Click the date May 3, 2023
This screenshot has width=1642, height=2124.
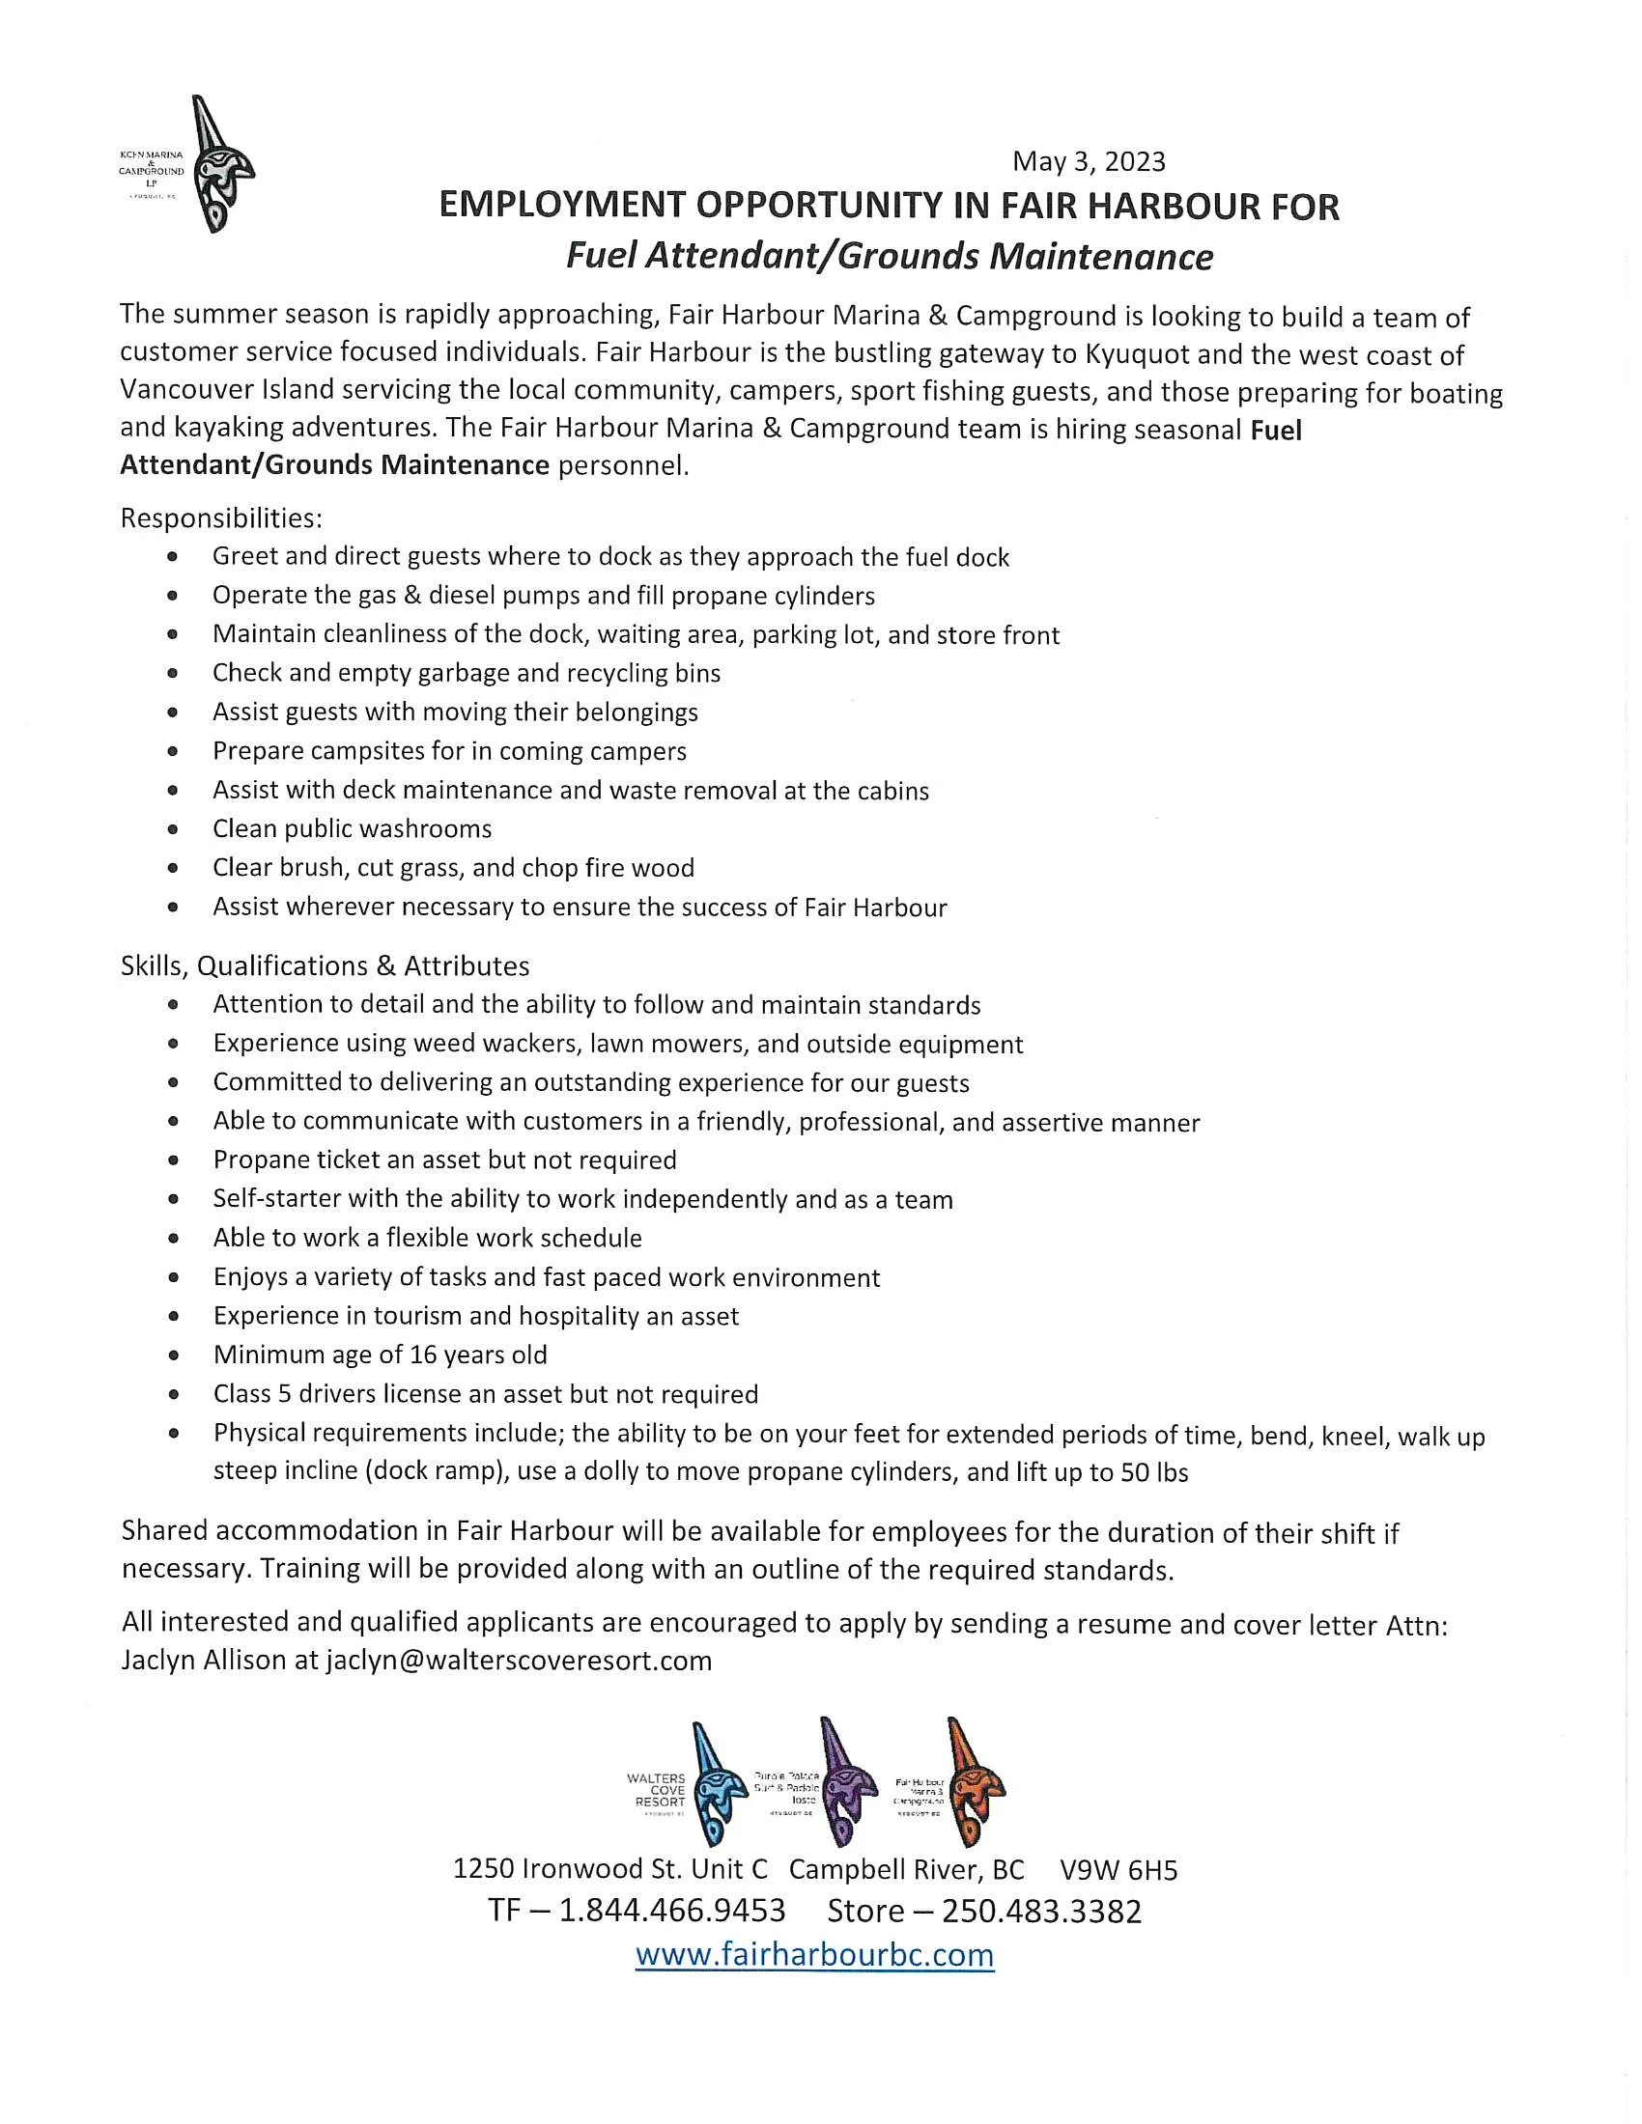pos(1089,160)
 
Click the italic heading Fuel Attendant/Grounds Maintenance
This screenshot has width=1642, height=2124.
pos(889,257)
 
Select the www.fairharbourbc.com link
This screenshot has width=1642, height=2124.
pos(814,1954)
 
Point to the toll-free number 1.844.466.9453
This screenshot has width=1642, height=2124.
pos(672,1910)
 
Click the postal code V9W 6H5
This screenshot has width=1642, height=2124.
pos(1118,1868)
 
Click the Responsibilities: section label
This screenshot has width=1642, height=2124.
pos(221,517)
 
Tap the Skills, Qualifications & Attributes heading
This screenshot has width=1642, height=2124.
pos(325,965)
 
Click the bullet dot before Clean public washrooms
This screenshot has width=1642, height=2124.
pos(173,829)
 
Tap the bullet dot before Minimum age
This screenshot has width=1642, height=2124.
pos(173,1355)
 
